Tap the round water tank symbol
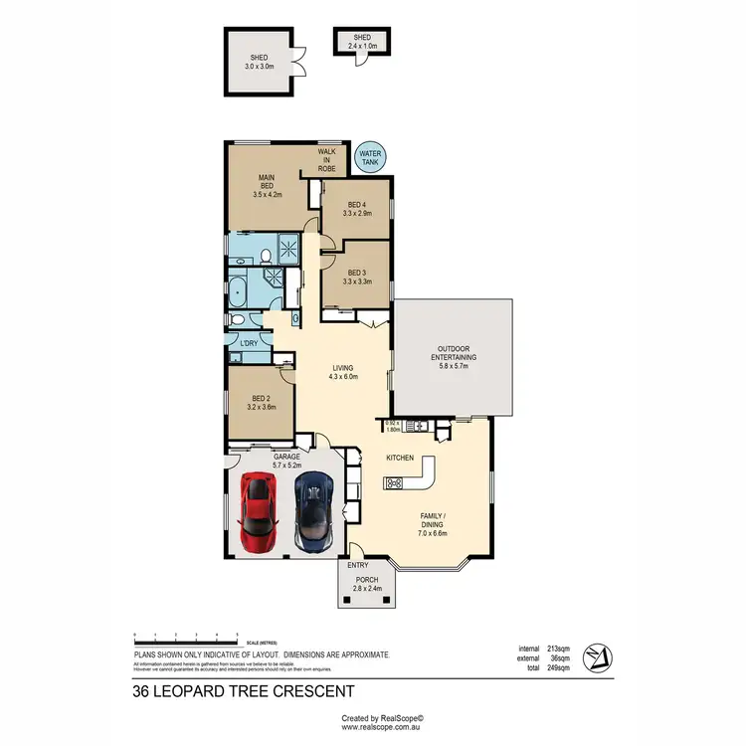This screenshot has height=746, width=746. pyautogui.click(x=370, y=155)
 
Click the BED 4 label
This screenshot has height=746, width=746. pyautogui.click(x=356, y=209)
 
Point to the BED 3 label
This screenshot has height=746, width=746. pyautogui.click(x=356, y=277)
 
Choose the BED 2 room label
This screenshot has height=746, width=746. pyautogui.click(x=260, y=402)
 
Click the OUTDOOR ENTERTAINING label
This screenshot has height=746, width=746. pyautogui.click(x=454, y=360)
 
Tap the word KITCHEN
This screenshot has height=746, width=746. pyautogui.click(x=401, y=458)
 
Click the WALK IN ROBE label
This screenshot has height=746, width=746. pyautogui.click(x=327, y=162)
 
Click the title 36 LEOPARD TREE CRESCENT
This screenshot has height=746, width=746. pyautogui.click(x=243, y=690)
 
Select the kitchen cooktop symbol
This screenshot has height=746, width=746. pyautogui.click(x=393, y=483)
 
